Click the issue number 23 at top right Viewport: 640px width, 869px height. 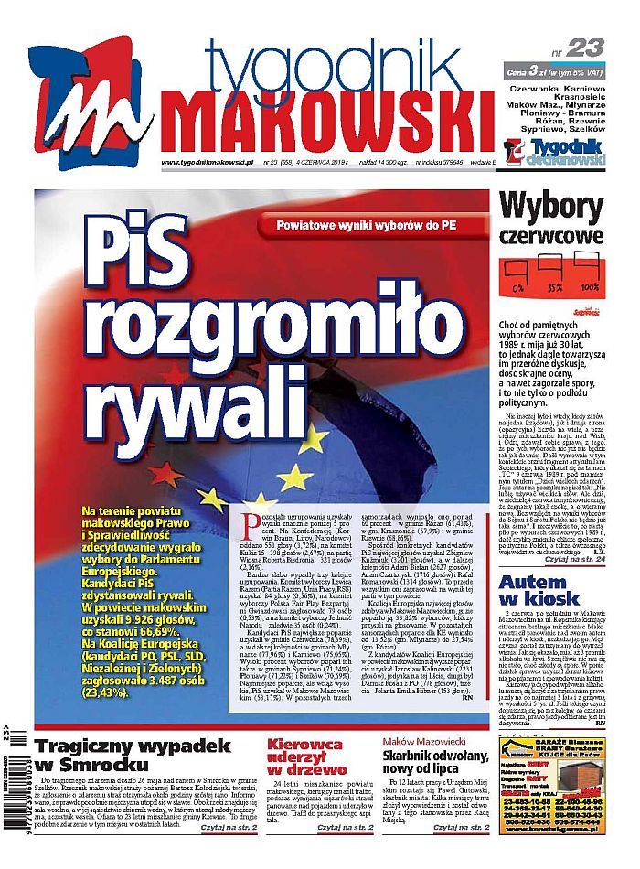pyautogui.click(x=585, y=48)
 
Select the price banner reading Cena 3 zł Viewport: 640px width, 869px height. pyautogui.click(x=556, y=71)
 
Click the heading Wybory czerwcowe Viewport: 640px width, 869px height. pyautogui.click(x=552, y=220)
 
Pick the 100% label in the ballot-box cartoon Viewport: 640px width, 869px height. pyautogui.click(x=589, y=287)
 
